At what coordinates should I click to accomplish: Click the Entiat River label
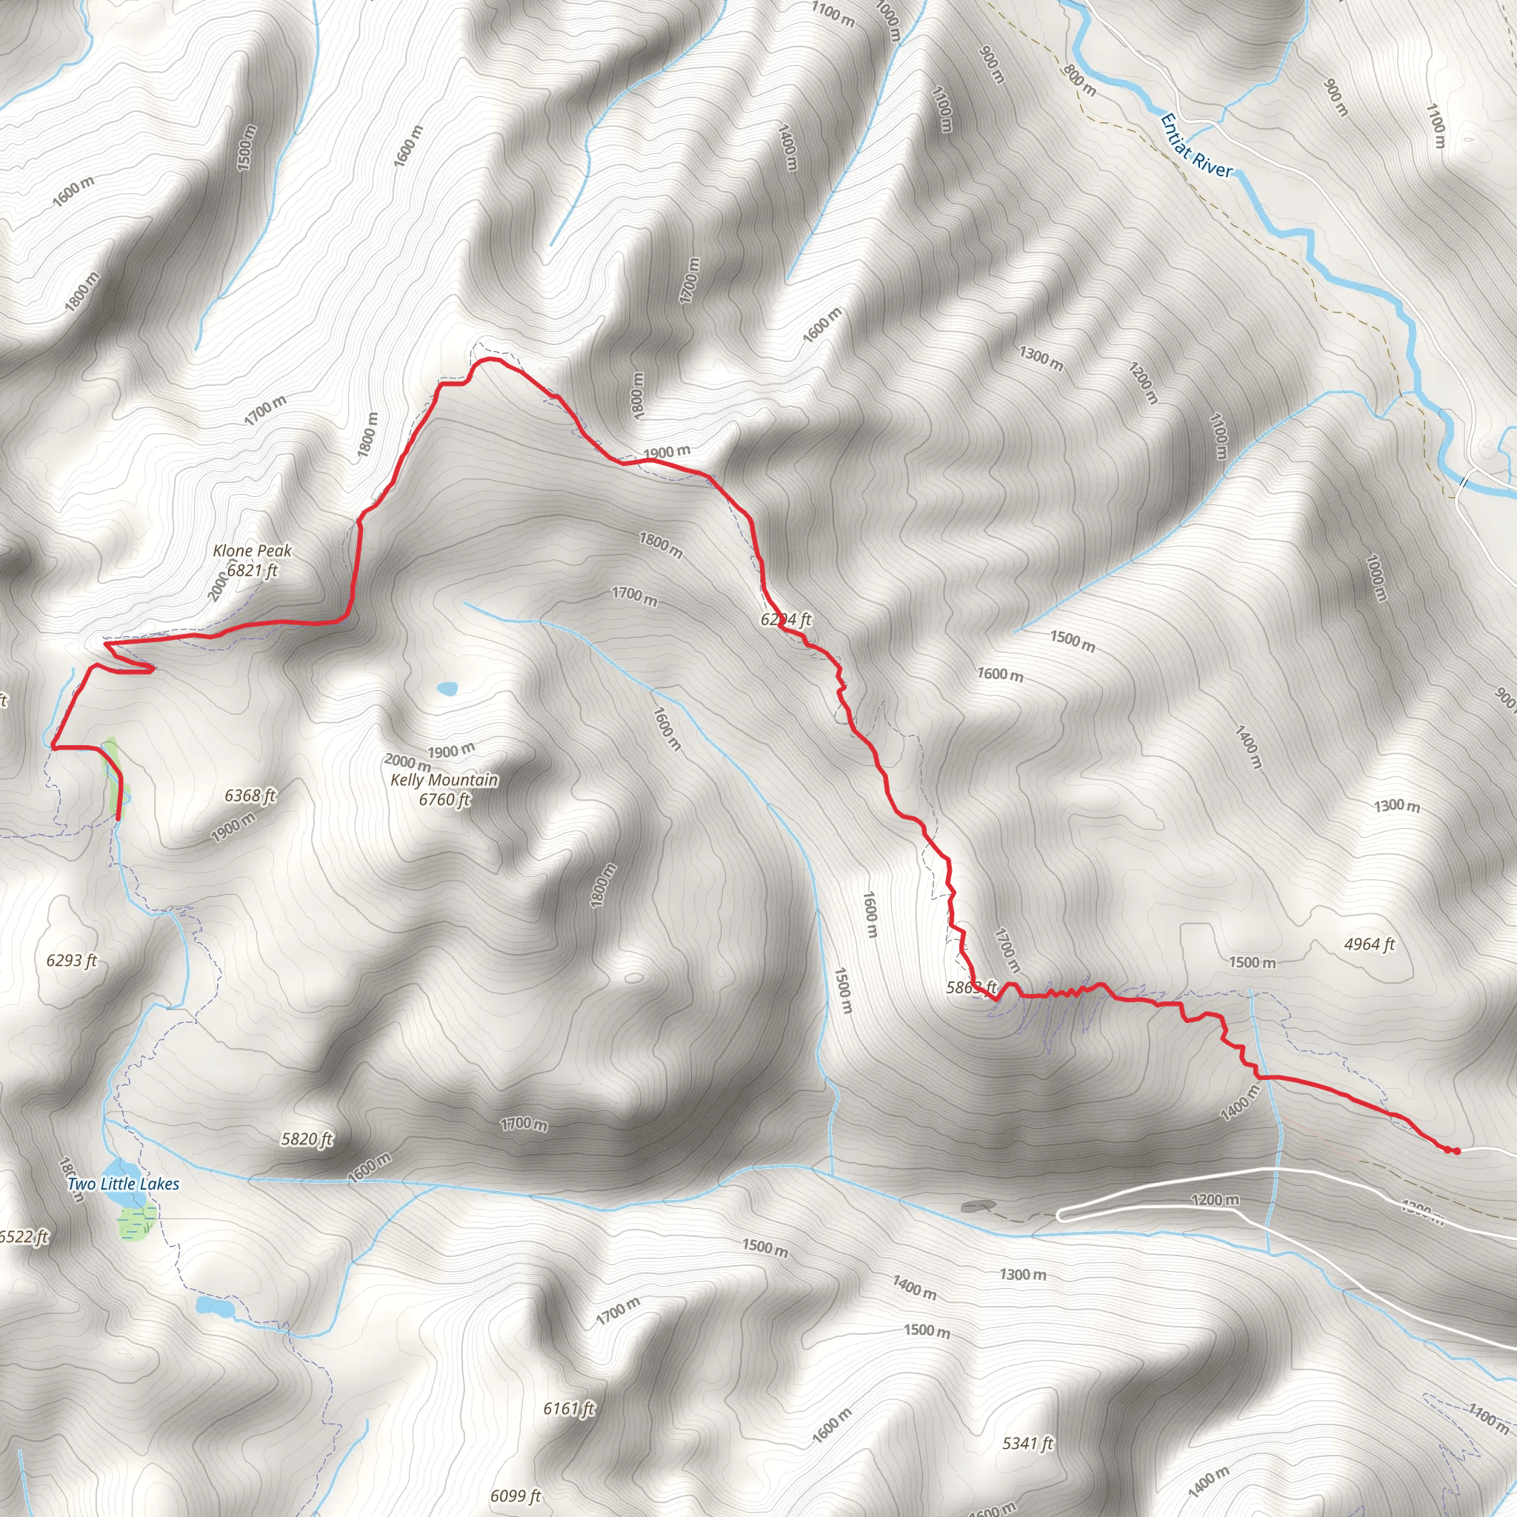(x=1195, y=147)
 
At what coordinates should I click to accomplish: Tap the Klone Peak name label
(x=252, y=550)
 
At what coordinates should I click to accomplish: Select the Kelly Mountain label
(x=444, y=780)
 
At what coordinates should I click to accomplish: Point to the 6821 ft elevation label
(x=252, y=570)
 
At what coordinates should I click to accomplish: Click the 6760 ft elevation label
(x=444, y=799)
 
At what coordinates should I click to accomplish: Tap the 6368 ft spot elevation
(x=250, y=796)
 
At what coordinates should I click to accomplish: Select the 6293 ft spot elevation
(x=71, y=960)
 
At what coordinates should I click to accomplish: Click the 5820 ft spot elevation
(x=307, y=1138)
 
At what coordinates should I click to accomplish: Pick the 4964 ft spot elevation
(x=1370, y=944)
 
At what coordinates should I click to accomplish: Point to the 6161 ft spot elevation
(x=570, y=1409)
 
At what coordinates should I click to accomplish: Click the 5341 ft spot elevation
(x=1028, y=1443)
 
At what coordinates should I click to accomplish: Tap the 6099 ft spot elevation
(x=516, y=1496)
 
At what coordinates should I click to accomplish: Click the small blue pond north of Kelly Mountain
(x=447, y=689)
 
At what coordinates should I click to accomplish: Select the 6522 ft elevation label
(x=24, y=1237)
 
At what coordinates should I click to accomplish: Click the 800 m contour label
(x=1078, y=80)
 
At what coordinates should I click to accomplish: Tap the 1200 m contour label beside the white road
(x=1215, y=1199)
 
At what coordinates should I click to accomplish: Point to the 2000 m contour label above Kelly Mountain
(x=407, y=761)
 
